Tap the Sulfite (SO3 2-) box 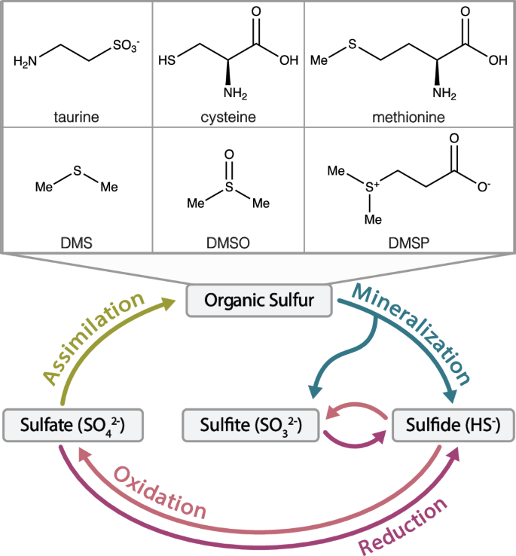(248, 425)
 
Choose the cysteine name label (227, 117)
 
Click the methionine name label (409, 117)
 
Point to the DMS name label (77, 243)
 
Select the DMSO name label (227, 243)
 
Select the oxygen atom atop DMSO (228, 156)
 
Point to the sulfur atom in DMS (77, 173)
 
